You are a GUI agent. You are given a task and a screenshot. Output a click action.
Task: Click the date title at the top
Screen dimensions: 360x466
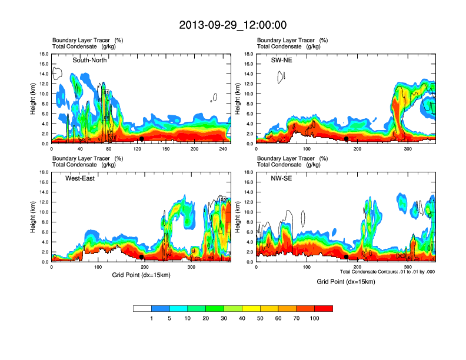[x=232, y=25]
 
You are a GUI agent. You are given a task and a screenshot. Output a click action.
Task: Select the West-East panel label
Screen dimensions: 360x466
[x=80, y=178]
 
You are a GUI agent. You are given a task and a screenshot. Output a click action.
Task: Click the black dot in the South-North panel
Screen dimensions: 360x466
[x=142, y=139]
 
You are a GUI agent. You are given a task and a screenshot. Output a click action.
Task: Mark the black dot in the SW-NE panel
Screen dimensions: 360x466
[x=347, y=139]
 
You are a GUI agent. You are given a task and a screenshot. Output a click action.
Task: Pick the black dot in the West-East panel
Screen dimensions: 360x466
[x=142, y=257]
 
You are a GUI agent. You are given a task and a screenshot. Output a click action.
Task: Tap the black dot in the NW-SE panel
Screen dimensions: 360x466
[x=346, y=257]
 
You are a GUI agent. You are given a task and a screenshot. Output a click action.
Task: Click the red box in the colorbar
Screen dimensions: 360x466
[x=324, y=308]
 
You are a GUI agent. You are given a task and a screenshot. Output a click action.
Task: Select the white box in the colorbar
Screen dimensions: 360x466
[x=142, y=308]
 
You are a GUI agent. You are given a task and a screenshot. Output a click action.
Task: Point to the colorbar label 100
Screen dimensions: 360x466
[x=315, y=318]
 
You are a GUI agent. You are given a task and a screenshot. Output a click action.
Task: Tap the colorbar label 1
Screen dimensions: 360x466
[x=151, y=318]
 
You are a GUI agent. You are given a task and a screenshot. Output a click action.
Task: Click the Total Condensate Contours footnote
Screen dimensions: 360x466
[x=387, y=272]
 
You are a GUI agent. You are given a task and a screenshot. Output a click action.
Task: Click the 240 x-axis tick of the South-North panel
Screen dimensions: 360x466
[x=224, y=149]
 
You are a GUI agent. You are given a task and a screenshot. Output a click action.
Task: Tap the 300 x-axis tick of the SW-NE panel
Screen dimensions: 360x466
[x=408, y=149]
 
